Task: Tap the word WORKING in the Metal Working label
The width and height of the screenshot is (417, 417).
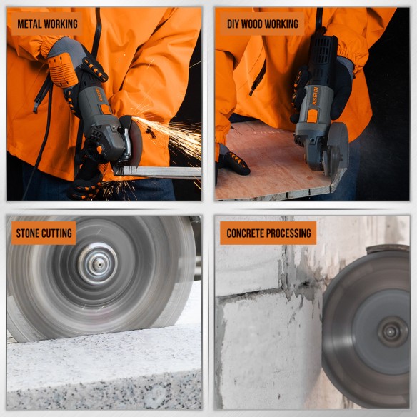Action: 62,24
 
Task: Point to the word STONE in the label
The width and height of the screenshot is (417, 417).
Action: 30,233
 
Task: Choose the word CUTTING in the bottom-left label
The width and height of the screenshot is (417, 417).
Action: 59,233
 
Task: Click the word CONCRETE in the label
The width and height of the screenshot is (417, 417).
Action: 248,233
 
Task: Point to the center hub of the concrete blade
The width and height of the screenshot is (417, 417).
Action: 389,331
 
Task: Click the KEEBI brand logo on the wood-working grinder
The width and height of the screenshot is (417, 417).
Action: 314,95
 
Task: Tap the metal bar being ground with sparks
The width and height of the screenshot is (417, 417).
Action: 161,171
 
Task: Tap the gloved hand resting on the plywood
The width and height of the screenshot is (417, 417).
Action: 233,161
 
